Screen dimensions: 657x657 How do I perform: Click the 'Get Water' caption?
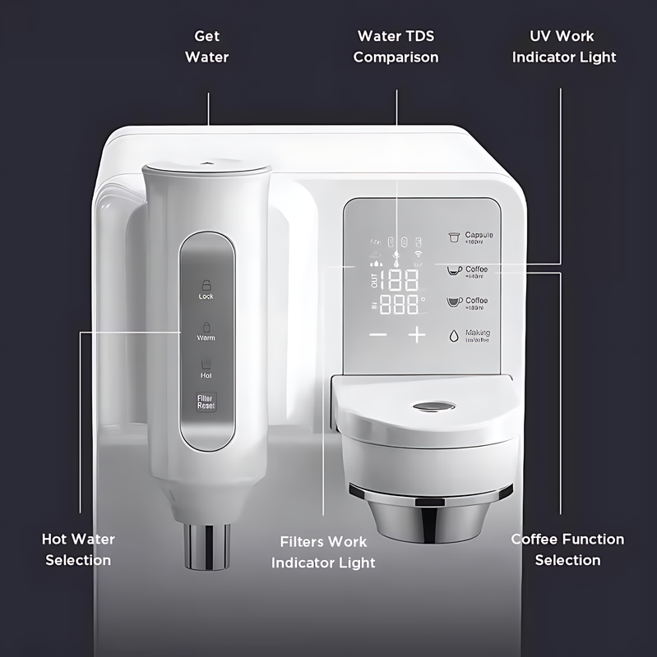[206, 47]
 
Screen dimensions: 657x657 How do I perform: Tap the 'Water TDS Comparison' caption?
[396, 47]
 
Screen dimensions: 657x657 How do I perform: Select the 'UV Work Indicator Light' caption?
[563, 47]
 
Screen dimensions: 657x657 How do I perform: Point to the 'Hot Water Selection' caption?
[78, 549]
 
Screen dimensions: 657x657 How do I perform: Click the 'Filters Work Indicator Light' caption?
[323, 552]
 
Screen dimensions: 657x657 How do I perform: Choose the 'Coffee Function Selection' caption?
[567, 549]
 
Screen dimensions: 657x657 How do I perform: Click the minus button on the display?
[378, 334]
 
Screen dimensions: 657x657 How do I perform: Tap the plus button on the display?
[418, 334]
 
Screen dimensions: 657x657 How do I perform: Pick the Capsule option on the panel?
[470, 238]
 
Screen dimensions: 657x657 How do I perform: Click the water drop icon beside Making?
[453, 335]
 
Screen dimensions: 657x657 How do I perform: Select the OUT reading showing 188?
[399, 279]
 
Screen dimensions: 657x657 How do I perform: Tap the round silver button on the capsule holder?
[431, 407]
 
